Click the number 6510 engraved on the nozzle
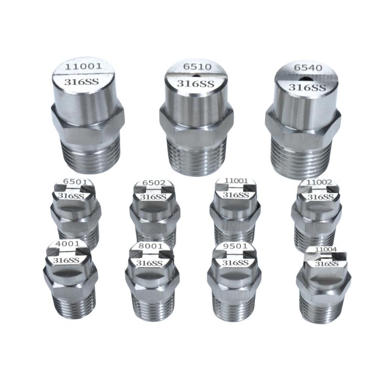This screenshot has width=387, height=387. [x=197, y=67]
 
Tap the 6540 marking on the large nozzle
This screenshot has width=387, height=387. [x=308, y=67]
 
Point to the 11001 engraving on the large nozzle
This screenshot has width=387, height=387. [x=83, y=66]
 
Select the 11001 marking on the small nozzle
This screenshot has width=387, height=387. [x=236, y=180]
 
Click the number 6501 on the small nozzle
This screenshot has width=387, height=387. [x=75, y=182]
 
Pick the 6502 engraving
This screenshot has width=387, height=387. [x=154, y=183]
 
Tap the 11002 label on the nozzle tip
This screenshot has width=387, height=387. [x=319, y=182]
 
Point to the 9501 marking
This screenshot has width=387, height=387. [x=235, y=246]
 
